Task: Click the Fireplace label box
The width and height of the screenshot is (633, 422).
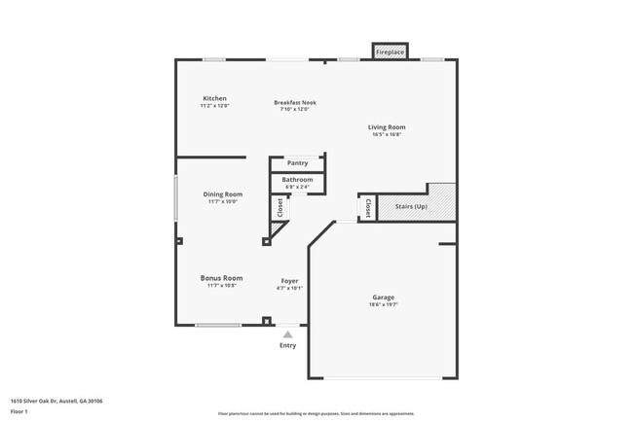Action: [390, 51]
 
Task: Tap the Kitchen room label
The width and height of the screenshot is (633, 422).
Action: [214, 98]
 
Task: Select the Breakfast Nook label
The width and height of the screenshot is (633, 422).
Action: [295, 102]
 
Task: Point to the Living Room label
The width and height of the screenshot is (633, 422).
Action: [387, 126]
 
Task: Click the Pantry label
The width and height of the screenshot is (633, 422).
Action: [297, 163]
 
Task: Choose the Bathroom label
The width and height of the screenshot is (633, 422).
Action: [297, 180]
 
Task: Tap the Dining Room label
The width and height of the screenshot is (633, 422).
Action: [223, 194]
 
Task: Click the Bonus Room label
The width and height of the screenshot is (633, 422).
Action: [222, 278]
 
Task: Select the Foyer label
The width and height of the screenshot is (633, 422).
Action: [290, 280]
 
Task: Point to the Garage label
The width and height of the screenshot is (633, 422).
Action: [384, 297]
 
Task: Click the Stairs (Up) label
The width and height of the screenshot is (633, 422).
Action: [410, 206]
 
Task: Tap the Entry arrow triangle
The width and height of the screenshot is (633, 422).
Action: [287, 334]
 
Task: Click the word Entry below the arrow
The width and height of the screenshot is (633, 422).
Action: [287, 345]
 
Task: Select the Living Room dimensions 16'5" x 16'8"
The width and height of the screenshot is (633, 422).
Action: [387, 134]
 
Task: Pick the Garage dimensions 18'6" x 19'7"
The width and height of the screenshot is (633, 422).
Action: [384, 304]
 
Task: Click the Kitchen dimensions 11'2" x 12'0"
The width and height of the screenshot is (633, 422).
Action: [214, 106]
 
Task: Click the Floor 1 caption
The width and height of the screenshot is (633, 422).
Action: [20, 410]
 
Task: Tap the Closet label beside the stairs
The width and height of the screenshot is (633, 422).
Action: [367, 208]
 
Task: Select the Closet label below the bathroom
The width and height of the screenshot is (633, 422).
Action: [280, 208]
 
